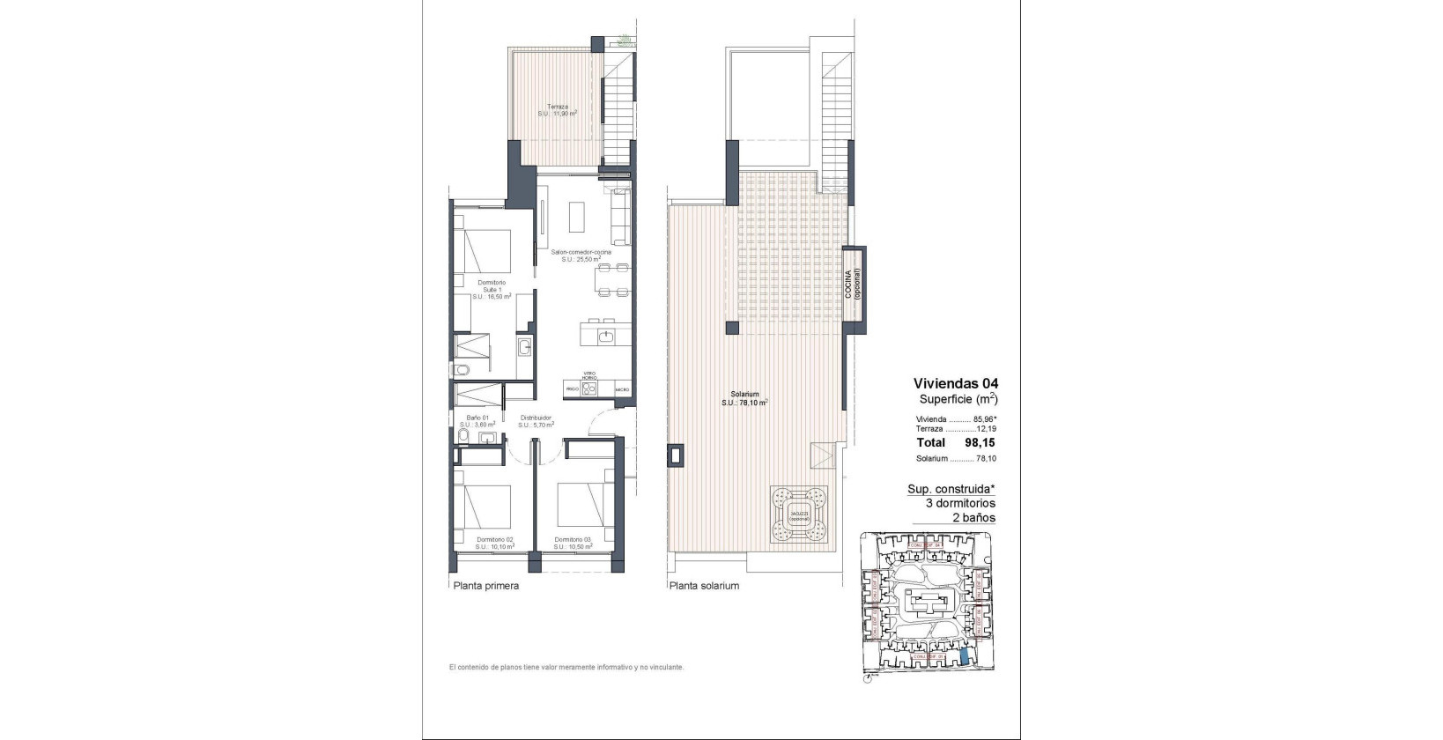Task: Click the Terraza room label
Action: pos(557,110)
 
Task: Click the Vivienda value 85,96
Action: pos(983,419)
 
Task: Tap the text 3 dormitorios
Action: pos(960,503)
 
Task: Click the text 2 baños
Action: pos(973,517)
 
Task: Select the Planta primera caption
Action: pos(485,585)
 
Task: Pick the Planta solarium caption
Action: pos(704,585)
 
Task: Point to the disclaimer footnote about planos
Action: pos(566,667)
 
